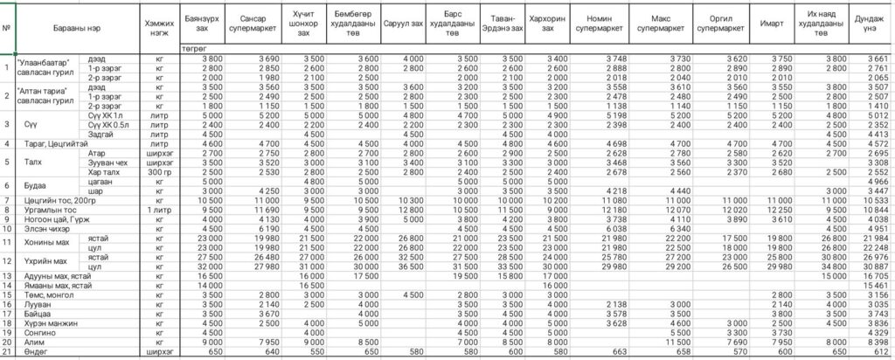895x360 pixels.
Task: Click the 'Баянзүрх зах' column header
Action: pos(203,24)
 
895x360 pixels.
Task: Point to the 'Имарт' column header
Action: pos(771,24)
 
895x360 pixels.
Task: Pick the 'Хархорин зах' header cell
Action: pos(548,24)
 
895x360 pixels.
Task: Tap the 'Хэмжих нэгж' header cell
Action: pos(159,24)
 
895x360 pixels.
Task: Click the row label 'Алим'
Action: pos(34,342)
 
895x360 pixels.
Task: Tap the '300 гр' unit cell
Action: pos(159,172)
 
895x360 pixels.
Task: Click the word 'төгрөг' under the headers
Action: pos(194,48)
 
